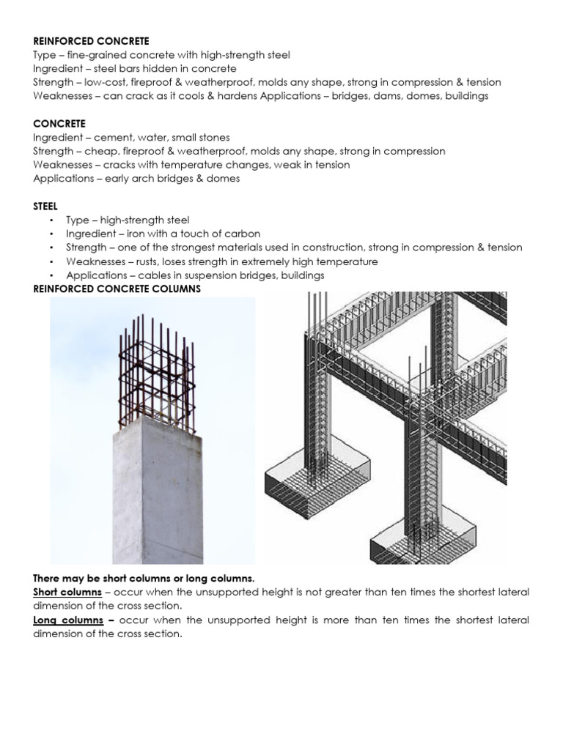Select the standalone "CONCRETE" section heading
click(x=59, y=124)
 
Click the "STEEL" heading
click(x=45, y=207)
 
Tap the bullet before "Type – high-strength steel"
click(x=51, y=220)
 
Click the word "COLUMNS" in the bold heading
click(x=174, y=289)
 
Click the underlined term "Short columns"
click(x=67, y=592)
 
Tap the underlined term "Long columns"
click(x=66, y=620)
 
